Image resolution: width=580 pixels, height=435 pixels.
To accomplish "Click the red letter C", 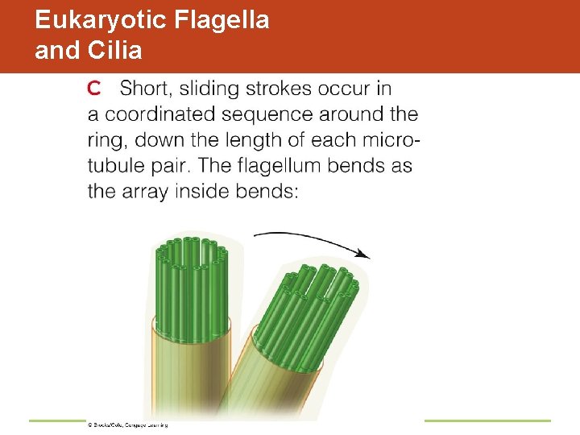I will [x=93, y=88].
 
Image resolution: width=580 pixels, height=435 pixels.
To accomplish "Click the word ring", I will [x=106, y=140].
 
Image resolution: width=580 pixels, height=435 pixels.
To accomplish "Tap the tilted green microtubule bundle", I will [x=314, y=306].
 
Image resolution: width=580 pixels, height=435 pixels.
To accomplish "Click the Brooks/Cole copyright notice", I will [x=126, y=424].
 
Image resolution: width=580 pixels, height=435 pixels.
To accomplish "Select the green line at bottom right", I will [x=487, y=420].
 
